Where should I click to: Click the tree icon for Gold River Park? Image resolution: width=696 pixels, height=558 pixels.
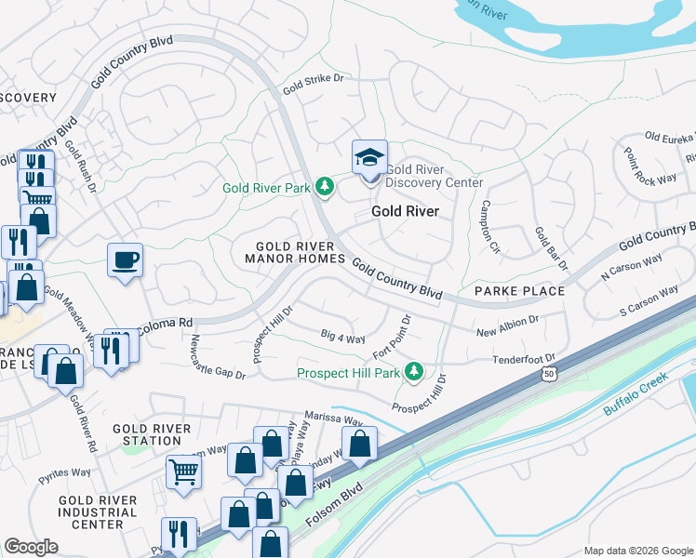point(324,188)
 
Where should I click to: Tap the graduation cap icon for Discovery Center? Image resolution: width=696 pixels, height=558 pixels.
point(369,157)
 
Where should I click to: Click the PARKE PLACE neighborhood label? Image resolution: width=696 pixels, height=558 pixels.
point(519,291)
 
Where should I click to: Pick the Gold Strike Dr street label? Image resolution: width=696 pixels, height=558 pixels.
point(313,80)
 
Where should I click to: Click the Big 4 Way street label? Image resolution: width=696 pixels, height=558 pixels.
point(342,337)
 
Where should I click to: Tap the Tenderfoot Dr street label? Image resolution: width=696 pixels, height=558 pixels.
point(524,358)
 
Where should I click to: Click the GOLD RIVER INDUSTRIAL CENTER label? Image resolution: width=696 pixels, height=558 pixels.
point(98,512)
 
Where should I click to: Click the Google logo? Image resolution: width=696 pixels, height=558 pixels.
point(31,547)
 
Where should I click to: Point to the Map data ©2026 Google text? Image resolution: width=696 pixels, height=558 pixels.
point(638,550)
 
